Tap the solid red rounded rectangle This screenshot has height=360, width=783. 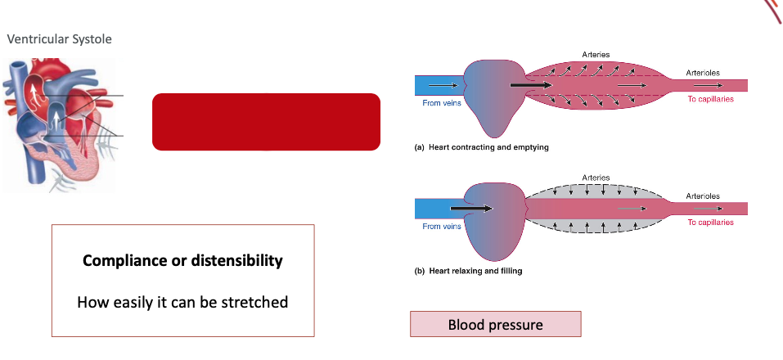pyautogui.click(x=266, y=122)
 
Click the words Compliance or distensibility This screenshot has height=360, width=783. pyautogui.click(x=182, y=261)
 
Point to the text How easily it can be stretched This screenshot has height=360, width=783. pyautogui.click(x=182, y=302)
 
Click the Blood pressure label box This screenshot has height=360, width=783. pyautogui.click(x=495, y=325)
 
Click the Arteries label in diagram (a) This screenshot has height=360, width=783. pyautogui.click(x=596, y=54)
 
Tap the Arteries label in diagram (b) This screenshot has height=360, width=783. pyautogui.click(x=596, y=178)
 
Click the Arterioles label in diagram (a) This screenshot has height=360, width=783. pyautogui.click(x=704, y=73)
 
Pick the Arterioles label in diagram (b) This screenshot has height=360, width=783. pyautogui.click(x=704, y=196)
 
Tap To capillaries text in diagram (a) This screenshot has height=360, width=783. pyautogui.click(x=710, y=99)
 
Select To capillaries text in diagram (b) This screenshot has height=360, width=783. pyautogui.click(x=710, y=222)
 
